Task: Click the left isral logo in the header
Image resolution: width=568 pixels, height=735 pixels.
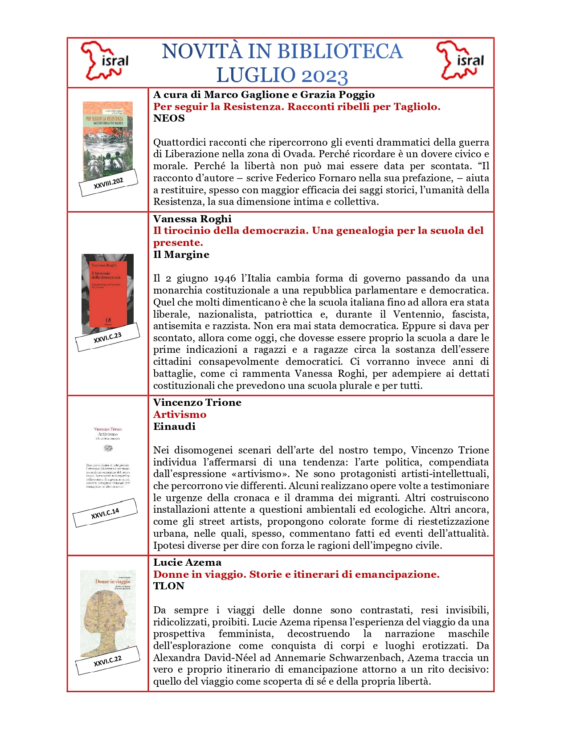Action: [105, 61]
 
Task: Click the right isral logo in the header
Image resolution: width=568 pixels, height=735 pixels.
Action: [460, 61]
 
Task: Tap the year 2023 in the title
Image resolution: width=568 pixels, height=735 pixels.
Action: [324, 76]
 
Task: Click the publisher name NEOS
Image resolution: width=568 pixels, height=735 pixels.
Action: [169, 118]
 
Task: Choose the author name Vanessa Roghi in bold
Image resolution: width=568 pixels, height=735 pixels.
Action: [192, 219]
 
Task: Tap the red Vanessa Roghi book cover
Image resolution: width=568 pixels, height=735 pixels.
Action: [107, 292]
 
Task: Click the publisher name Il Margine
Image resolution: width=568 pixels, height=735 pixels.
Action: [181, 255]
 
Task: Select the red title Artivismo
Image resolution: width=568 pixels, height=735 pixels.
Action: [180, 414]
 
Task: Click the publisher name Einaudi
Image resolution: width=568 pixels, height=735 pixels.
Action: [174, 426]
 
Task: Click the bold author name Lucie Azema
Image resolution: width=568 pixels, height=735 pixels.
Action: [187, 562]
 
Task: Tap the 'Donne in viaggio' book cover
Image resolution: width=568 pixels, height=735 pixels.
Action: [107, 612]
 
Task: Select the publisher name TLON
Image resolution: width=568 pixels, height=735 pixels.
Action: [168, 586]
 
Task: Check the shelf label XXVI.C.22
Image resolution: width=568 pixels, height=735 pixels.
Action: [107, 661]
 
